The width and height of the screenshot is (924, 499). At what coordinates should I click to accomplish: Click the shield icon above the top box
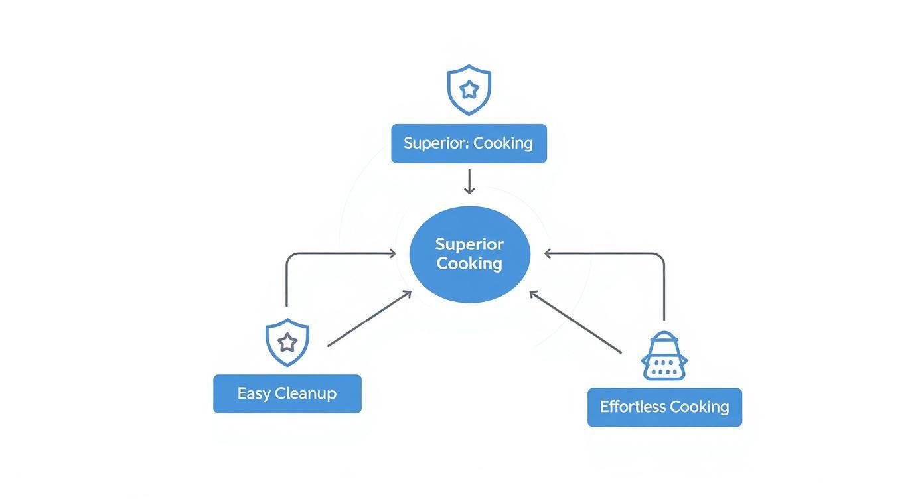469,90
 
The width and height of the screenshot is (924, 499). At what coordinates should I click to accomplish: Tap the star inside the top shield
469,90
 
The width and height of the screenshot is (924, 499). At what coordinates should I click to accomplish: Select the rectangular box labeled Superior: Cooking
469,143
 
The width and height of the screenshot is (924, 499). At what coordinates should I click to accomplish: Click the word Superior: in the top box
436,143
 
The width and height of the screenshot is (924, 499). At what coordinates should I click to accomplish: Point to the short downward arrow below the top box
469,181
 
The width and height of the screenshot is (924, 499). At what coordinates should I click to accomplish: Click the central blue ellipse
470,254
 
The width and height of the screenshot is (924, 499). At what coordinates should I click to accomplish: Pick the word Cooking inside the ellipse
469,263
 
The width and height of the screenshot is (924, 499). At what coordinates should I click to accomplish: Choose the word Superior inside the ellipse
469,245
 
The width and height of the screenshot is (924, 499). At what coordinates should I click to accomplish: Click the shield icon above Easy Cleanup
287,342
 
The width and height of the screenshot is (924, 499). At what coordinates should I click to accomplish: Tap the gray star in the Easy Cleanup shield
287,342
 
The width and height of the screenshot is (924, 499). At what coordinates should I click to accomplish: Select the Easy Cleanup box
287,394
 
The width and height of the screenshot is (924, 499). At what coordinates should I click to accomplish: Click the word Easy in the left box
254,394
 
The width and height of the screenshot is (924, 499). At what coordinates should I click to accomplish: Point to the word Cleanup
305,394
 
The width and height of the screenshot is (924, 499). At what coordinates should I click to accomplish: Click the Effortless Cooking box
664,407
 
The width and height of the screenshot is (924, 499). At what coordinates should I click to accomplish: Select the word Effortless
633,407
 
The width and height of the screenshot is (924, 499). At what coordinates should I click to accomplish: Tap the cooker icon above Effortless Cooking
664,356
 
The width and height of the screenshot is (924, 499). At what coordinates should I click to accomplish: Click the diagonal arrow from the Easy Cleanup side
370,319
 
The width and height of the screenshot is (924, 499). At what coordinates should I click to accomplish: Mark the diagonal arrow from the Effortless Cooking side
576,322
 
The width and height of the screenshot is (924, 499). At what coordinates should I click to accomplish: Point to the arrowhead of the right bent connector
548,253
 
